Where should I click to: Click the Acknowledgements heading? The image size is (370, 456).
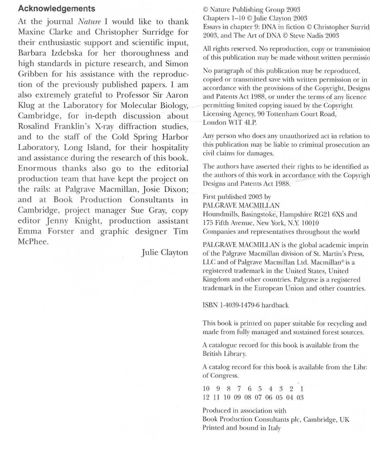[56, 9]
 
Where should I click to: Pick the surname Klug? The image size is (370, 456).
[28, 105]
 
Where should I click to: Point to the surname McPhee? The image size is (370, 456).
[33, 242]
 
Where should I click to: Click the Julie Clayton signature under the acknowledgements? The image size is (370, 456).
[165, 253]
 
